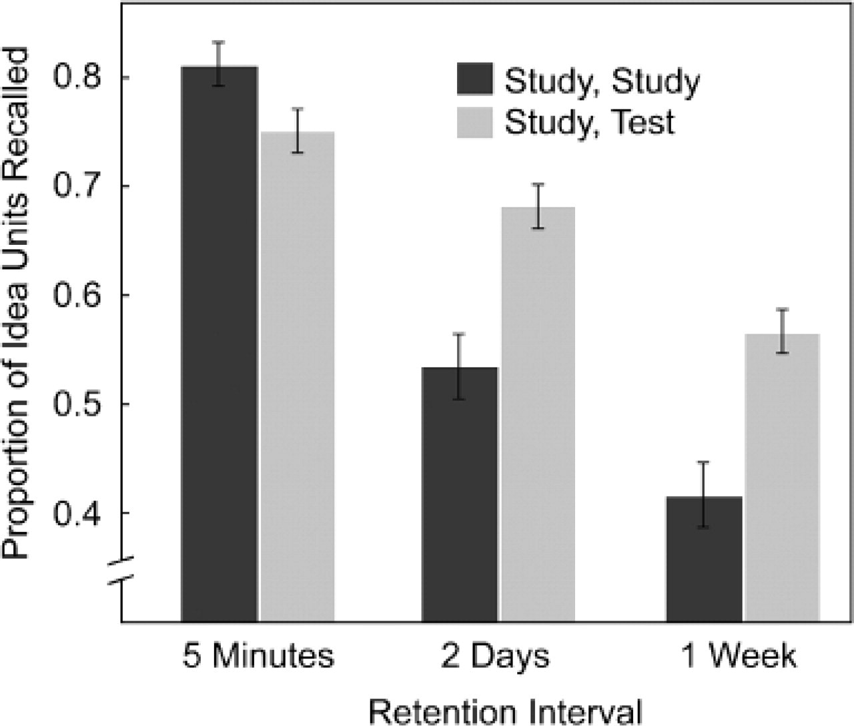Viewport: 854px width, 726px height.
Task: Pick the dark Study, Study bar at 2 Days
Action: [x=460, y=494]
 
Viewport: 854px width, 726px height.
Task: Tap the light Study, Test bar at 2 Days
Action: [x=538, y=414]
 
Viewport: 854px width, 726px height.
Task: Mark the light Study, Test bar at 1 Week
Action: [x=782, y=478]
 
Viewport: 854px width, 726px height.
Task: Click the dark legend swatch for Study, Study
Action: [x=474, y=81]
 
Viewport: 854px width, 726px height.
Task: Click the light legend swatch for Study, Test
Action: [x=474, y=122]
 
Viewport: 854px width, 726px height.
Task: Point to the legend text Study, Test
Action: [x=590, y=123]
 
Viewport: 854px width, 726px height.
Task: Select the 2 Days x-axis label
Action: [x=495, y=657]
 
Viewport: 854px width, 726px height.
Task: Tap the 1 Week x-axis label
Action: [x=738, y=657]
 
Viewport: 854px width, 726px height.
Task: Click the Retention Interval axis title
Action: [x=505, y=710]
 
